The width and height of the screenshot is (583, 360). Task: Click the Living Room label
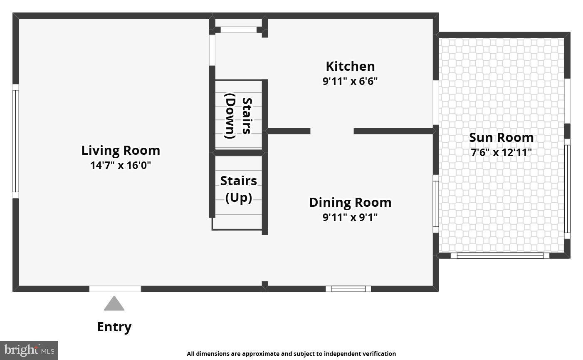pos(121,150)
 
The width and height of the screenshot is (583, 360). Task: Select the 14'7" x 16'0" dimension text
pos(121,165)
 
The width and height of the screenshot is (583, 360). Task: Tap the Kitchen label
pos(350,66)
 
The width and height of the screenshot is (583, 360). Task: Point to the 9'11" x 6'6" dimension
pos(350,81)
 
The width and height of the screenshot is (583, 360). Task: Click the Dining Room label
pos(350,202)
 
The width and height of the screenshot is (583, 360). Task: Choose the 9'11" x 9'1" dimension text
pos(350,217)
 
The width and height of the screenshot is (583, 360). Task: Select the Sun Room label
pos(501,137)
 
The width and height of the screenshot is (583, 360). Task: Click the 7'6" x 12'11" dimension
pos(501,152)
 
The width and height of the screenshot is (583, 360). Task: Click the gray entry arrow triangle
pos(114,304)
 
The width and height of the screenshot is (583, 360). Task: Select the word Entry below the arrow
pos(114,327)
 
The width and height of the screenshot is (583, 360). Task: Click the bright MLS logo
pos(29,350)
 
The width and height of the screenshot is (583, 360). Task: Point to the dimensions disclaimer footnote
pos(291,354)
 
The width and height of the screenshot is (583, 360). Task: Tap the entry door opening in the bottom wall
pos(115,289)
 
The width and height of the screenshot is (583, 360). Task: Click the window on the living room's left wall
pos(15,141)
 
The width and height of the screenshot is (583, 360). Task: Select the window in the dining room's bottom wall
pos(348,289)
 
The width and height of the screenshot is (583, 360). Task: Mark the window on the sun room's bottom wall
pos(500,256)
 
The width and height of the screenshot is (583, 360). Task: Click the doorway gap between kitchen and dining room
pos(332,131)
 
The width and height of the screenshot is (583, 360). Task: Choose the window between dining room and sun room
pos(436,204)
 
